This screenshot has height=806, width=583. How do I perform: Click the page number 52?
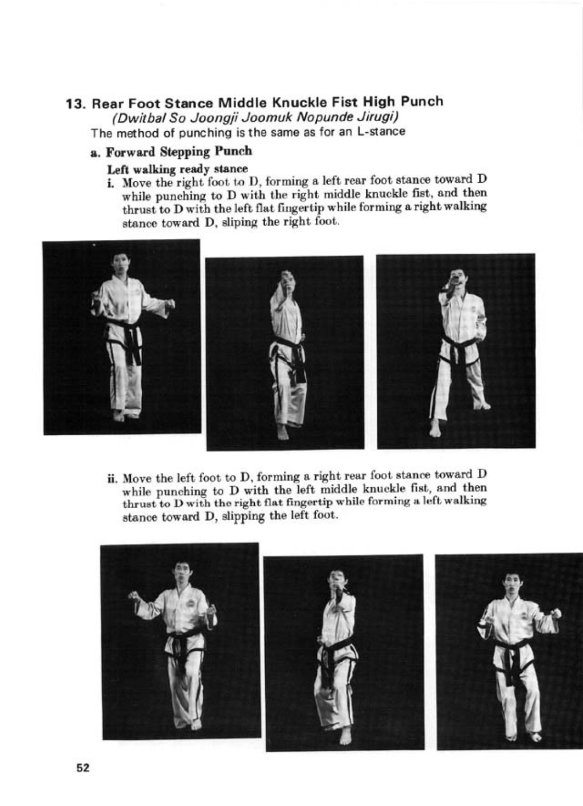click(x=83, y=767)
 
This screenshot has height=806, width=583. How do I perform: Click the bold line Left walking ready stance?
click(x=177, y=169)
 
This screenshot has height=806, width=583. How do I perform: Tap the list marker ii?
click(x=111, y=477)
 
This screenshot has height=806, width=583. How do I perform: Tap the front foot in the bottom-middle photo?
click(x=344, y=735)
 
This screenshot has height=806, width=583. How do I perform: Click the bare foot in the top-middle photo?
click(x=282, y=432)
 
